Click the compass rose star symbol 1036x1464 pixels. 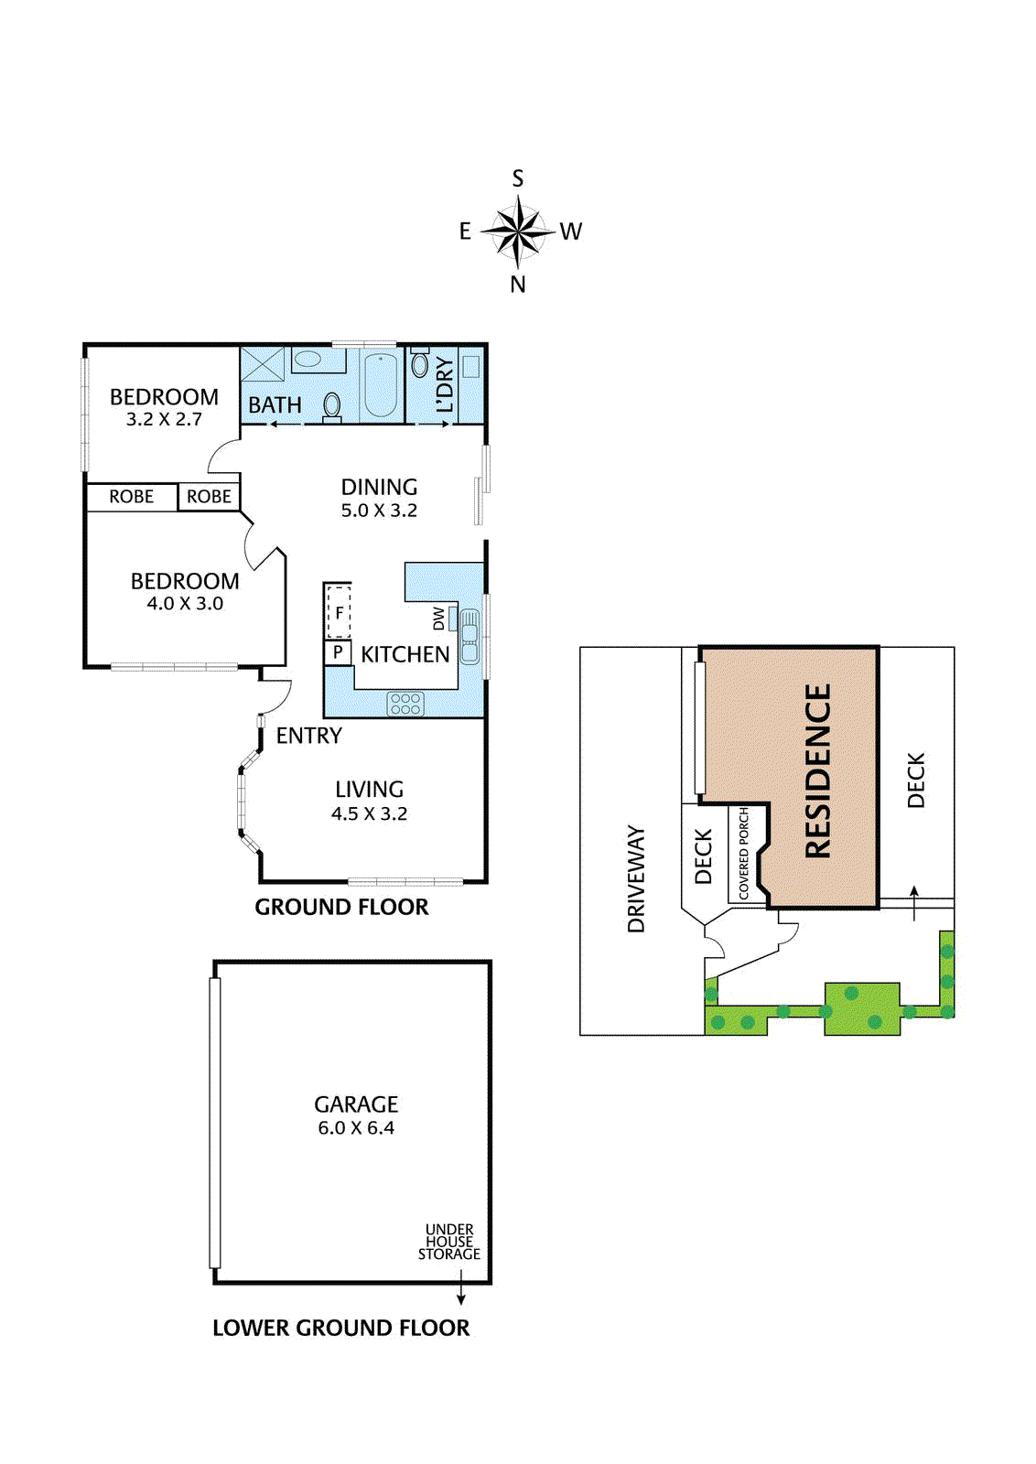(x=518, y=231)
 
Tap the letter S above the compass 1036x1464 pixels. (x=518, y=178)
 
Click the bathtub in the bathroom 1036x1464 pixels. (x=380, y=384)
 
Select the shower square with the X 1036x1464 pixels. (x=264, y=363)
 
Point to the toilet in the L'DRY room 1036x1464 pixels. (x=420, y=363)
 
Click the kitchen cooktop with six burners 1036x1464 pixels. (x=405, y=703)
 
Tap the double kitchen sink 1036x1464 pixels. (x=469, y=637)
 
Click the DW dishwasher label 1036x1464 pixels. (x=438, y=619)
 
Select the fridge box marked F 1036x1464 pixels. (x=339, y=612)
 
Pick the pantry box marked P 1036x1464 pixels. (x=338, y=652)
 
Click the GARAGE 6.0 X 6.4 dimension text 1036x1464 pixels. (x=356, y=1128)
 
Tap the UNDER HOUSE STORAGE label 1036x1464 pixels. (x=449, y=1242)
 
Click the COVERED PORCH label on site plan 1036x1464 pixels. (x=744, y=853)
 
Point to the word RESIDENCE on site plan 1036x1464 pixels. (x=818, y=770)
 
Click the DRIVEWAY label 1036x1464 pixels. (x=636, y=878)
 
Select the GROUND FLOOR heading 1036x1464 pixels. (x=341, y=907)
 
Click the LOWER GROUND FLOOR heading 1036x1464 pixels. (x=340, y=1328)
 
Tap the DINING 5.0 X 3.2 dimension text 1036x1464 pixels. (x=379, y=511)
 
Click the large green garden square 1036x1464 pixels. (x=861, y=1008)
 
